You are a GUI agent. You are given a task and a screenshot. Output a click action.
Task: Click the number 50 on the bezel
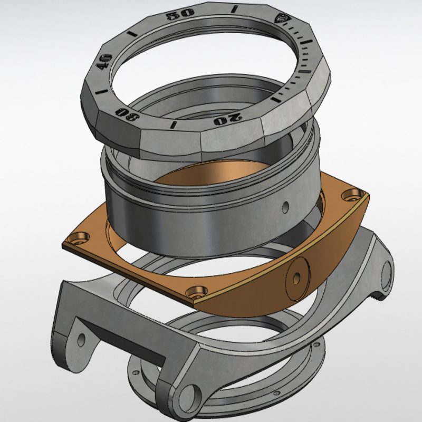point(180,15)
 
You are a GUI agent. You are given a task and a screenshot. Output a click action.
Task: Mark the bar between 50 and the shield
point(235,9)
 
